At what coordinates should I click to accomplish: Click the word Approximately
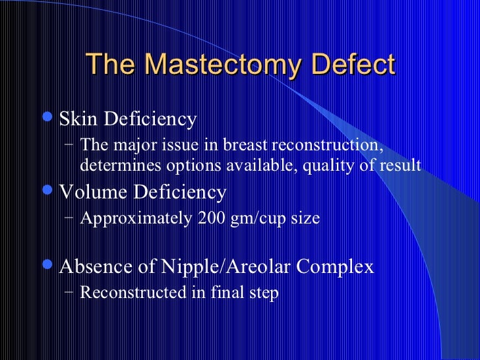135,218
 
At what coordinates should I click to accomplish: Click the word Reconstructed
133,292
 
